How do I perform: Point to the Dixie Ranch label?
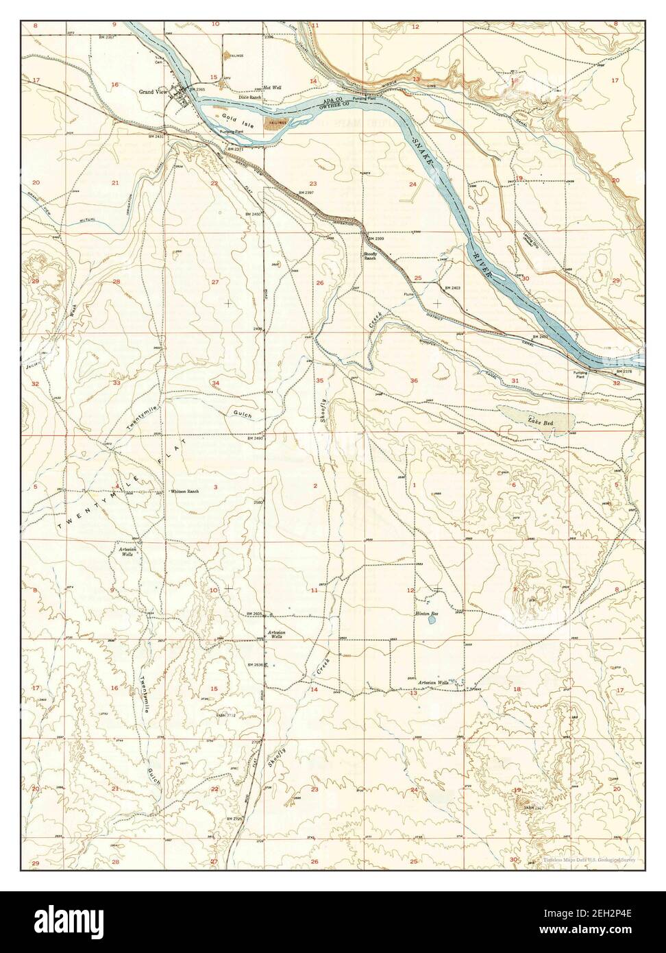(250, 97)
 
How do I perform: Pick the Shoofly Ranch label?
(373, 256)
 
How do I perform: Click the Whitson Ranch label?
(184, 492)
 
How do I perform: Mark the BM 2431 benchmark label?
(156, 137)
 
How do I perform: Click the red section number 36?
(414, 381)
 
